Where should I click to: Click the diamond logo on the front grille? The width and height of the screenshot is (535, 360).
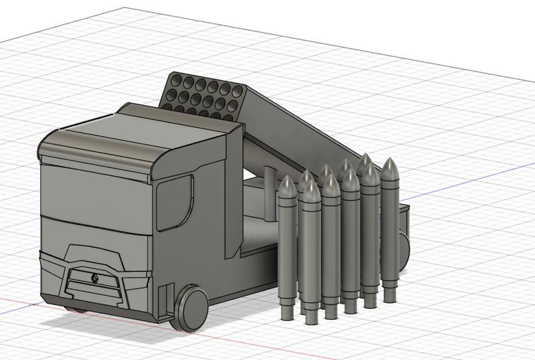point(93,276)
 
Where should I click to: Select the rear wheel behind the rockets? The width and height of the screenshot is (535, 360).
point(403,246)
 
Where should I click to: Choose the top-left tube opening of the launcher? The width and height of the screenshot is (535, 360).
point(177,82)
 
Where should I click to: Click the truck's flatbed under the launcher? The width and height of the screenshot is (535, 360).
point(257,231)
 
